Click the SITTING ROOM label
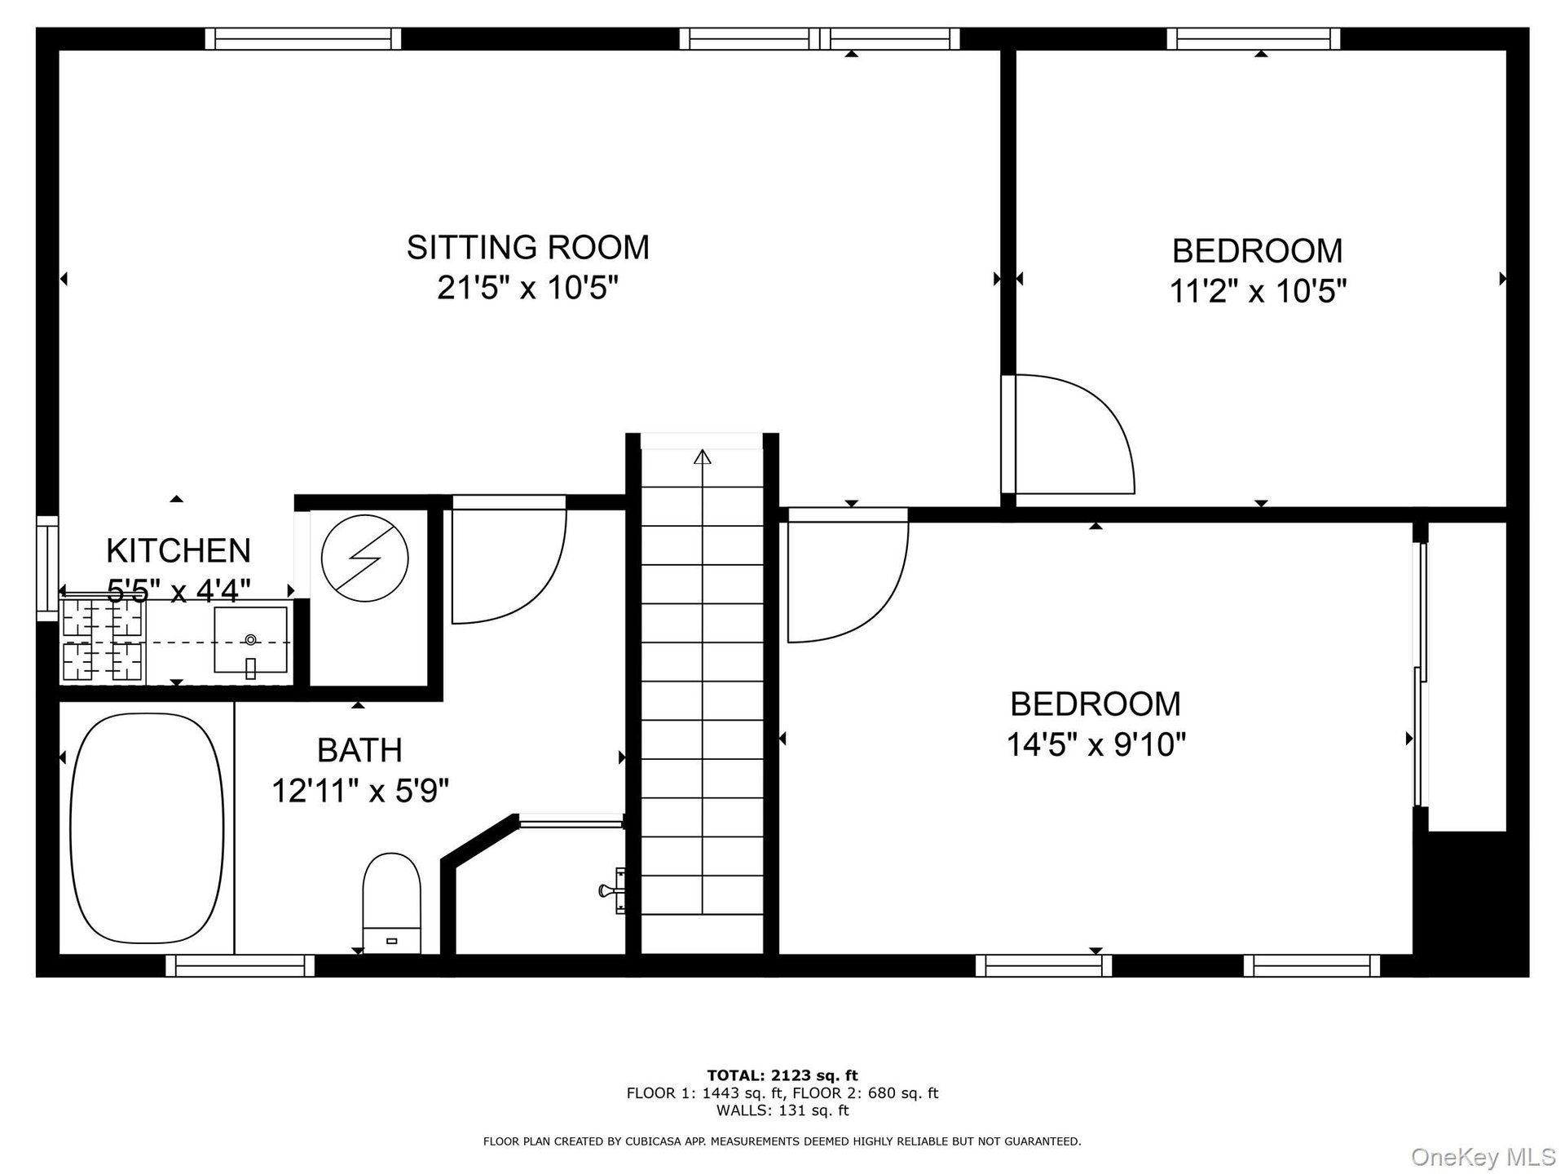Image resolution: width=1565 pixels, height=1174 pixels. (x=528, y=247)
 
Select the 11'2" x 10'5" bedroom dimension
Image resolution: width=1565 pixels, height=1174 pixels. (x=1258, y=290)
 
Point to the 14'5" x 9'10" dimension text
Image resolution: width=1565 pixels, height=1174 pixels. (x=1095, y=744)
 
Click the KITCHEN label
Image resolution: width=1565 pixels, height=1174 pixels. (x=179, y=550)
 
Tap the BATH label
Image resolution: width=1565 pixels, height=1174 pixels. (x=359, y=749)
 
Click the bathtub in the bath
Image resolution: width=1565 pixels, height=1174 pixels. (x=148, y=828)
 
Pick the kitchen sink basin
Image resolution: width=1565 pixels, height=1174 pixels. (x=251, y=640)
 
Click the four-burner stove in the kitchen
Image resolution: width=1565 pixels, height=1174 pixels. (x=104, y=640)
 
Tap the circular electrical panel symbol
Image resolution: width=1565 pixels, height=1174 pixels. (x=364, y=558)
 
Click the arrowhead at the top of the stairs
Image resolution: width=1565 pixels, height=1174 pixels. (x=702, y=456)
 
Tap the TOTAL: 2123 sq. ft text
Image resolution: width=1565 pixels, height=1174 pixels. (x=782, y=1075)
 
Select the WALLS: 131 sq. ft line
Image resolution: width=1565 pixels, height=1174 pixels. (x=782, y=1110)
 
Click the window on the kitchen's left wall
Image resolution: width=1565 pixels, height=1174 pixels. (x=47, y=568)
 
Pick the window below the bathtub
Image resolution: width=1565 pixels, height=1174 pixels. (x=240, y=966)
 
